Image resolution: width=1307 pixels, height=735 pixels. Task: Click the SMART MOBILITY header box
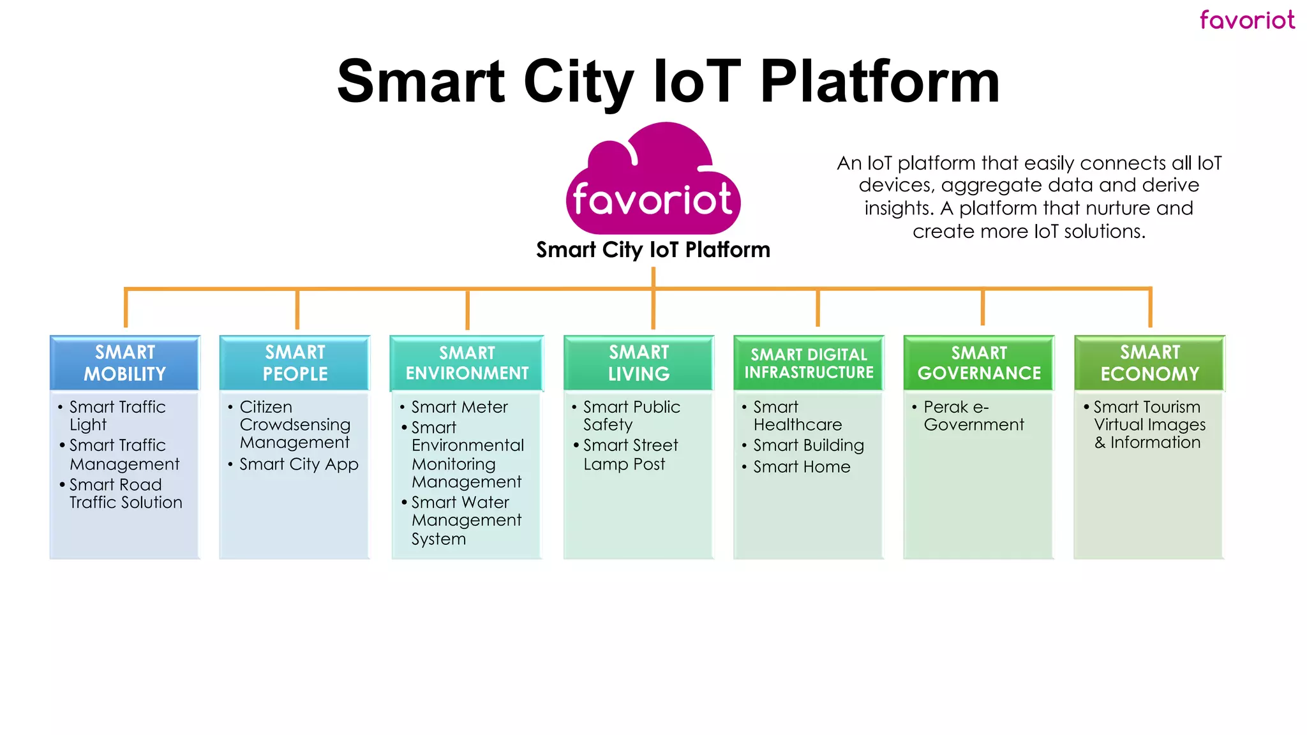pos(125,362)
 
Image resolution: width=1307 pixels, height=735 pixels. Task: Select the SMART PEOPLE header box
pos(295,362)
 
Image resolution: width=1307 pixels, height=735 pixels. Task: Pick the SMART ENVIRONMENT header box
pos(467,362)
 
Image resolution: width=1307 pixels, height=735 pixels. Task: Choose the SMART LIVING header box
pos(638,362)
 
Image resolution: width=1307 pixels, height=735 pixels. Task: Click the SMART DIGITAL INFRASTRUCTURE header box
pos(809,362)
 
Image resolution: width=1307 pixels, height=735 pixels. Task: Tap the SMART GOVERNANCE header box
pos(979,362)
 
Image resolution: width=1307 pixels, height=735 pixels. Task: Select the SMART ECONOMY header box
pos(1149,362)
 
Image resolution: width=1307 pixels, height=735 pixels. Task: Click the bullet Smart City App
pos(299,464)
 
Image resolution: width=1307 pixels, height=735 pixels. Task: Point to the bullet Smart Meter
pos(459,407)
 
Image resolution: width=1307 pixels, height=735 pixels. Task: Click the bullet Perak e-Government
pos(973,416)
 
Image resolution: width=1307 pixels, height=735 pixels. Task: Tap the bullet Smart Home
pos(802,467)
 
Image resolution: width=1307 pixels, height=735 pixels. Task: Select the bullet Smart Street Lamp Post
pos(630,454)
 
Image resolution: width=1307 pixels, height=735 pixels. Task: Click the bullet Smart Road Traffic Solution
pos(125,493)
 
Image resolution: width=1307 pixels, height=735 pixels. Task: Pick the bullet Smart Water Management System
pos(466,520)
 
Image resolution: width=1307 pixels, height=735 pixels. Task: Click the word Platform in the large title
pos(879,82)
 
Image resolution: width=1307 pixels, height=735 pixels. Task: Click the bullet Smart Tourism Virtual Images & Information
pos(1149,425)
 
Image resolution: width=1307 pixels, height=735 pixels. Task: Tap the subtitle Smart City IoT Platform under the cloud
pos(653,249)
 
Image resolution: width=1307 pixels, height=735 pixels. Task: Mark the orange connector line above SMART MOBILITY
pos(126,308)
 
